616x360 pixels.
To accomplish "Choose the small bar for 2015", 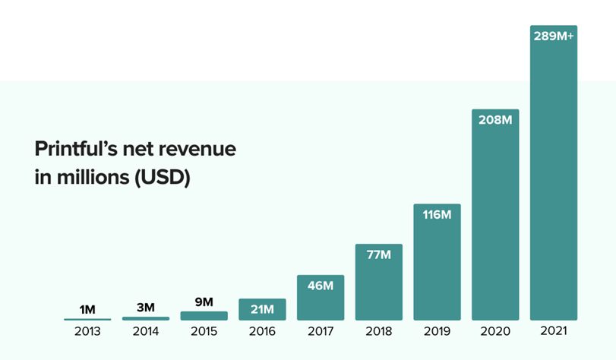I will pyautogui.click(x=204, y=315).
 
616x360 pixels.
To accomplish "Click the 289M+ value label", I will pyautogui.click(x=554, y=35).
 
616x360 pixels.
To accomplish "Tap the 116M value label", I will pyautogui.click(x=437, y=214).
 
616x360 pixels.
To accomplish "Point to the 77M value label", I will pyautogui.click(x=379, y=254).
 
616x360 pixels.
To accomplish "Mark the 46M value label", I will pyautogui.click(x=321, y=286).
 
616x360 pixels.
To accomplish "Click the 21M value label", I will pyautogui.click(x=262, y=309).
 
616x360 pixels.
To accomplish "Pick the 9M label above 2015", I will pyautogui.click(x=204, y=302).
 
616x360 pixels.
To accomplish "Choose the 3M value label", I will pyautogui.click(x=146, y=308).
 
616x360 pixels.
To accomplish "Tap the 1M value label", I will pyautogui.click(x=87, y=309).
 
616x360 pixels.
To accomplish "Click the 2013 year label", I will pyautogui.click(x=87, y=331).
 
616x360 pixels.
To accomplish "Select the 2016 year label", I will pyautogui.click(x=262, y=331).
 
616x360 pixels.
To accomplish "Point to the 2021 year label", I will pyautogui.click(x=554, y=331).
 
